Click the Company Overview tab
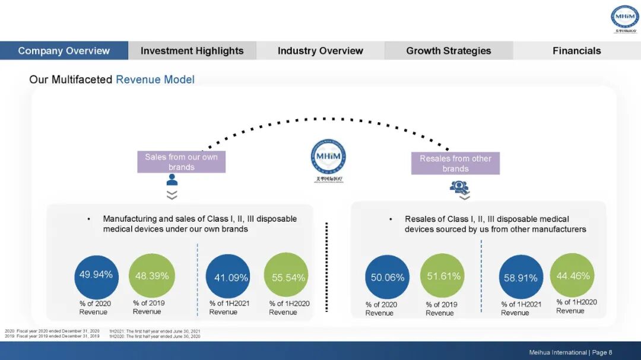click(64, 50)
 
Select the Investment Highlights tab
click(192, 50)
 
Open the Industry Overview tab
click(320, 50)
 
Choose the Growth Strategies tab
click(448, 50)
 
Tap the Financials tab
click(576, 50)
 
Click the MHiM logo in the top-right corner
click(624, 20)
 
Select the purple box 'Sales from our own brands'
click(181, 162)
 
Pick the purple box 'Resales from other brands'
click(455, 164)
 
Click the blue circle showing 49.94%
click(96, 275)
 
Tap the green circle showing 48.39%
click(152, 276)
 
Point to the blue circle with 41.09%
click(228, 277)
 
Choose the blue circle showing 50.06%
click(388, 277)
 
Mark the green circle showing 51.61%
click(442, 276)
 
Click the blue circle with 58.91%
click(521, 277)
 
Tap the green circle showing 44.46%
click(572, 275)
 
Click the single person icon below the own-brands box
click(172, 180)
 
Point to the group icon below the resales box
click(459, 187)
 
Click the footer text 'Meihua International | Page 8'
click(570, 352)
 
